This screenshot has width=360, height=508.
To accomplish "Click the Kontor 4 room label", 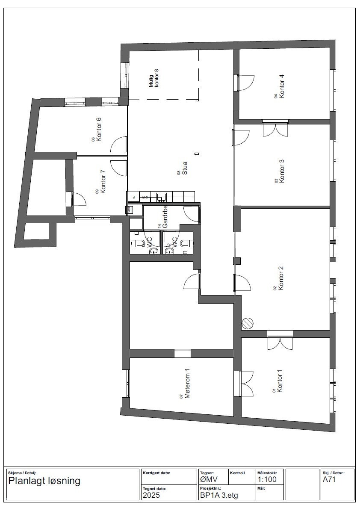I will (x=281, y=87).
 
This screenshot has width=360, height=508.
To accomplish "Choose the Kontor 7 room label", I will (x=103, y=182).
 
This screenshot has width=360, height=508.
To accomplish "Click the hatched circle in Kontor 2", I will (x=248, y=323).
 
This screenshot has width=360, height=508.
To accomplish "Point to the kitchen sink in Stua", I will (x=162, y=197).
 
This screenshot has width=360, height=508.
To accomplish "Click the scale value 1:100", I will (x=267, y=479).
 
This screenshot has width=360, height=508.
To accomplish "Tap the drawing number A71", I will (x=329, y=479).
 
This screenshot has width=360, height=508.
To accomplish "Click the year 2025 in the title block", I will (x=151, y=495).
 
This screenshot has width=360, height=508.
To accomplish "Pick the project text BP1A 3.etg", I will (x=218, y=495).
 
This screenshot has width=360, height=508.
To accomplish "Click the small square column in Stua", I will (x=197, y=154).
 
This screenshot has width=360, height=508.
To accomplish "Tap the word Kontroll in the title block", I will (x=237, y=473).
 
